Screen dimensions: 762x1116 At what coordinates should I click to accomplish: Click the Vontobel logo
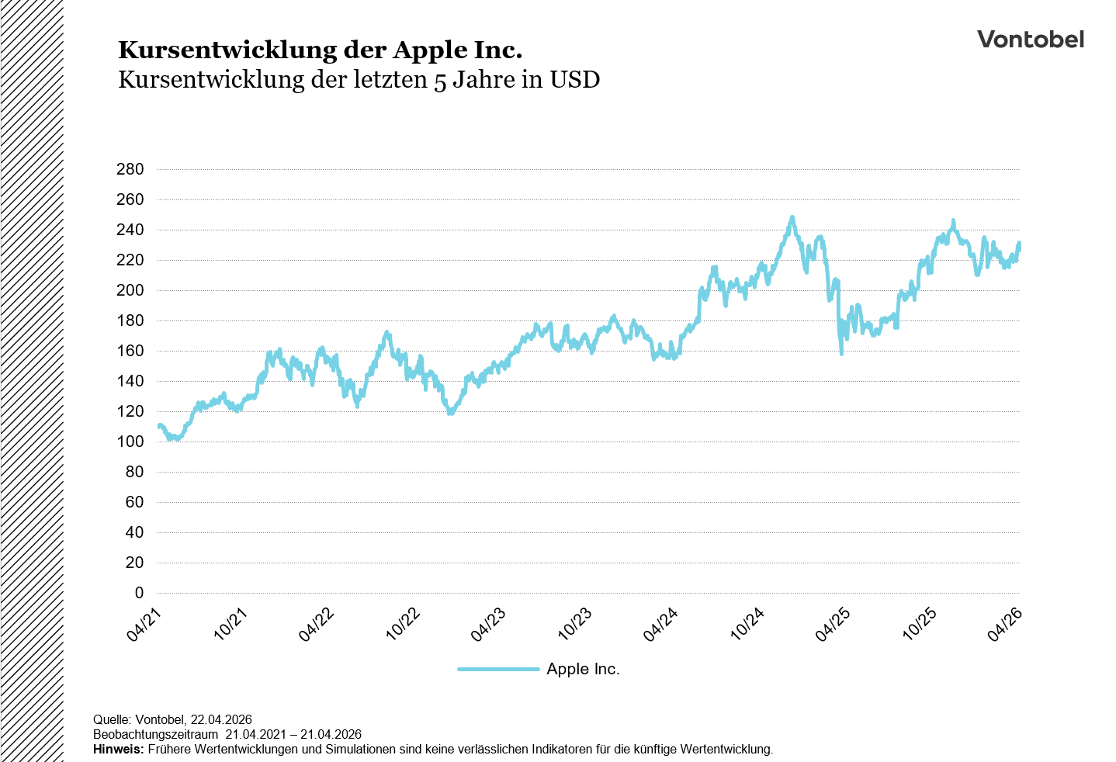[1030, 40]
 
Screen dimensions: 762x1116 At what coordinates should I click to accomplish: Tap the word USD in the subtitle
[575, 79]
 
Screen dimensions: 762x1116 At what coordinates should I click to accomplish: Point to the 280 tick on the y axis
[130, 169]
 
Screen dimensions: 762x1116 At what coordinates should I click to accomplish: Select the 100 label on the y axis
[130, 442]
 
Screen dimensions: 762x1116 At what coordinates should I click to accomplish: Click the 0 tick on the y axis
[139, 593]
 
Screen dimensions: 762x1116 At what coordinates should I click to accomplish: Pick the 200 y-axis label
[130, 290]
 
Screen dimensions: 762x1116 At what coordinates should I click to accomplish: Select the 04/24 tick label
[660, 625]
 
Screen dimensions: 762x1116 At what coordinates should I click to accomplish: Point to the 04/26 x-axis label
[1004, 625]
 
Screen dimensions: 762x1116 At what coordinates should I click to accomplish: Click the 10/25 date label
[919, 625]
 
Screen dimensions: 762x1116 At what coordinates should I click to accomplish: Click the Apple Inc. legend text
[583, 669]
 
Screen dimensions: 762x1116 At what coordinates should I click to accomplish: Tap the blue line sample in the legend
[498, 669]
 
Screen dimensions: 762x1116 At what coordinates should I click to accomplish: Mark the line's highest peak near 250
[792, 218]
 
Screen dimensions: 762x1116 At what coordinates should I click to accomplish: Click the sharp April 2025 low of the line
[841, 353]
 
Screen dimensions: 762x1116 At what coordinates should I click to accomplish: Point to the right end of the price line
[1019, 244]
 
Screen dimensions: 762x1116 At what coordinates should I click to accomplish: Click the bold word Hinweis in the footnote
[117, 750]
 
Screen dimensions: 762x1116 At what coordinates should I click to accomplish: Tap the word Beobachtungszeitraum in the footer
[155, 735]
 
